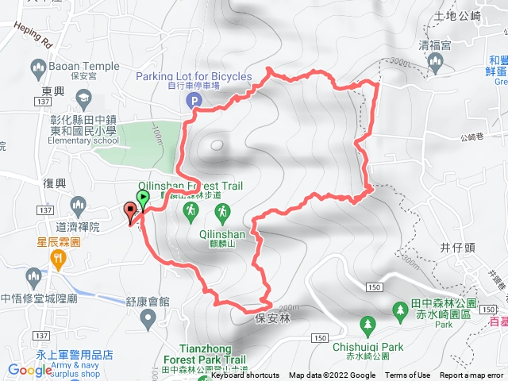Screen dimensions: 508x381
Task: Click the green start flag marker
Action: pyautogui.click(x=143, y=198)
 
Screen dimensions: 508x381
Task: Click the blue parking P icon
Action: pyautogui.click(x=193, y=100)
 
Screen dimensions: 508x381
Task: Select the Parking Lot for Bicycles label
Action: pyautogui.click(x=193, y=76)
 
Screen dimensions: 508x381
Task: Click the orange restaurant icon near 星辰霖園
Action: pyautogui.click(x=58, y=258)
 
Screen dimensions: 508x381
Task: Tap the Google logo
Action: pyautogui.click(x=31, y=369)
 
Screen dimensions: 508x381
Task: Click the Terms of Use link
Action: pyautogui.click(x=407, y=375)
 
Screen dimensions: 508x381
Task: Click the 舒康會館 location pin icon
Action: pyautogui.click(x=147, y=319)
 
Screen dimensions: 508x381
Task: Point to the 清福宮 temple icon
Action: pyautogui.click(x=434, y=61)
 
